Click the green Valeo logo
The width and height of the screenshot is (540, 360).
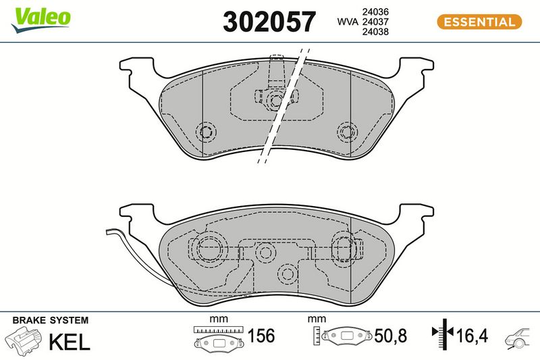point(41,20)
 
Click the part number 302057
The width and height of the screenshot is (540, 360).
point(269,22)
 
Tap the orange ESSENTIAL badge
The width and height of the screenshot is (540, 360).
point(479,22)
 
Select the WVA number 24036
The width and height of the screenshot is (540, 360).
point(375,11)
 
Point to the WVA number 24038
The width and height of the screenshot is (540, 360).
point(375,32)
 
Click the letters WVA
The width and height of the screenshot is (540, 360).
point(348,22)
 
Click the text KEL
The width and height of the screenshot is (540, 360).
point(70,342)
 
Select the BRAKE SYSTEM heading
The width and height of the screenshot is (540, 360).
point(50,320)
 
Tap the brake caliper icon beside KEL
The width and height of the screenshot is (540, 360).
point(24,340)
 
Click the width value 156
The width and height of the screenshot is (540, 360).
point(261,336)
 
